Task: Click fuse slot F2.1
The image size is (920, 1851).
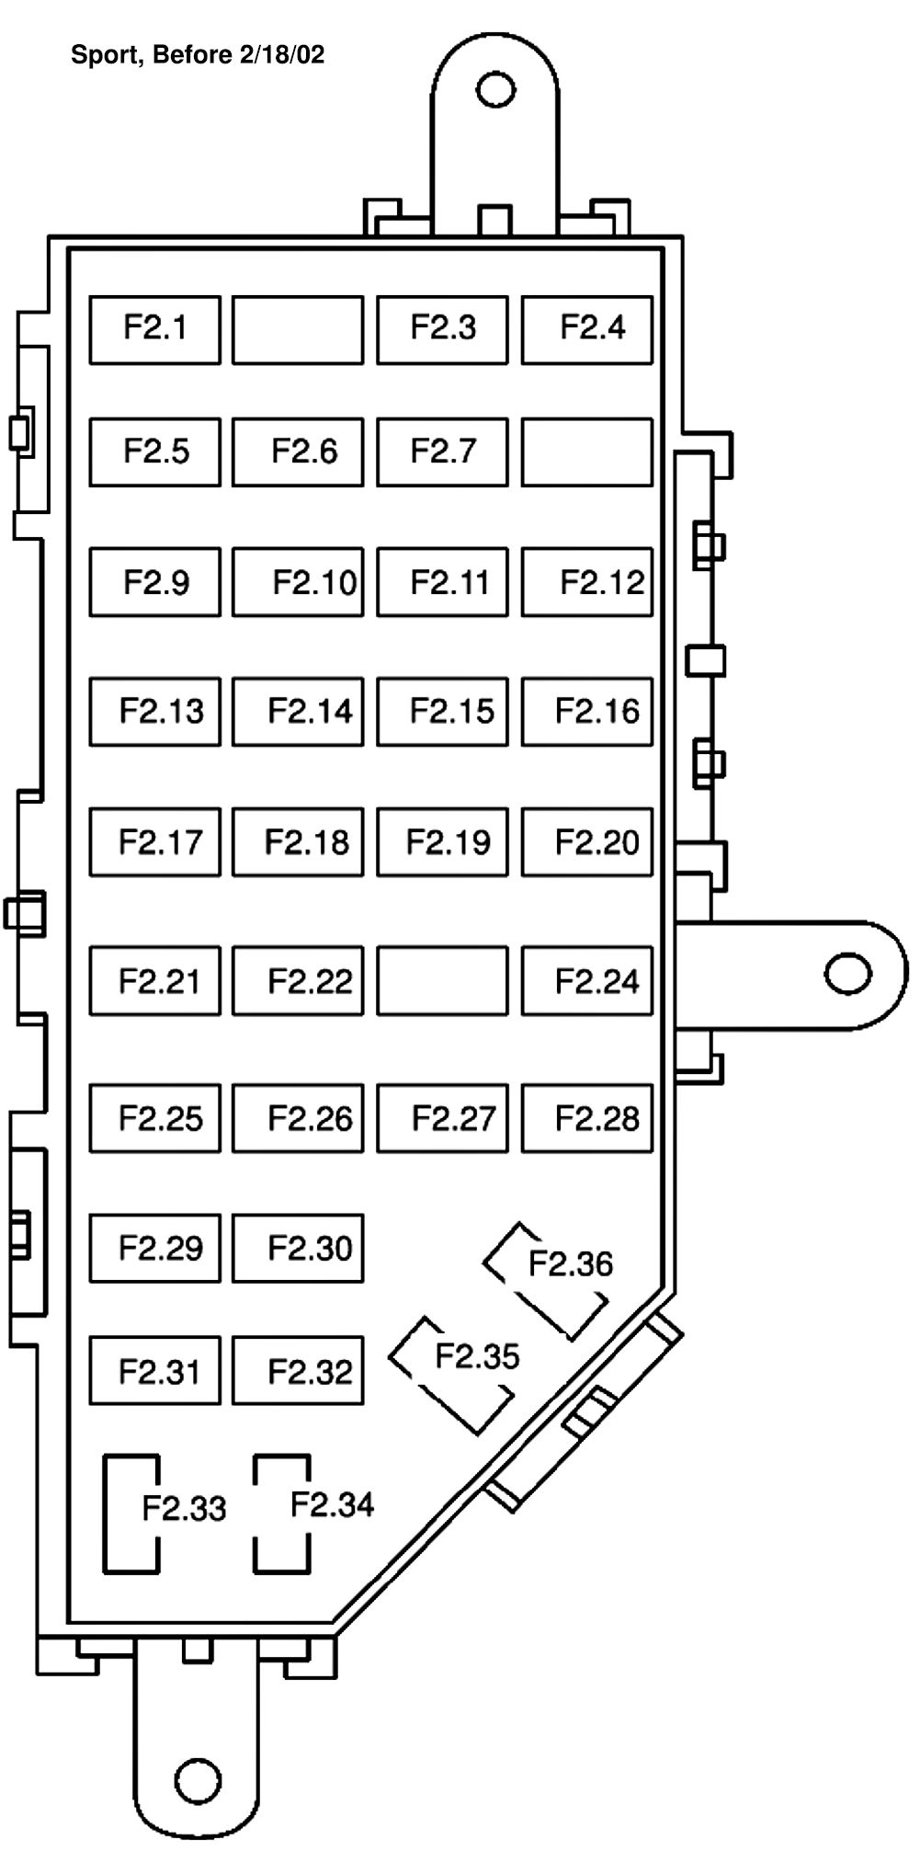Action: coord(154,329)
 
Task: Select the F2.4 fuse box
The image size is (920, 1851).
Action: coord(587,329)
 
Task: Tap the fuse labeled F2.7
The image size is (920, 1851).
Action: coord(442,451)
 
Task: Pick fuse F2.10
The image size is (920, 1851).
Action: coord(298,582)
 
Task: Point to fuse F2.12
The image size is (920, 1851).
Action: coord(587,582)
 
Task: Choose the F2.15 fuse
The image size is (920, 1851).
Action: coord(442,712)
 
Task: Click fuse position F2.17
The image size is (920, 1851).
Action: coord(154,842)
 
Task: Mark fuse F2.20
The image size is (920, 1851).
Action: coord(587,842)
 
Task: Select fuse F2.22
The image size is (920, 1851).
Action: coord(298,981)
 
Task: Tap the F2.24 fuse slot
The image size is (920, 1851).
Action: coord(587,981)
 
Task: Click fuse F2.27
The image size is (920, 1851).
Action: coord(442,1118)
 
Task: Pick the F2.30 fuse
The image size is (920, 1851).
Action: coord(298,1248)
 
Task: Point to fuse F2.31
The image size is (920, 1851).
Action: coord(154,1371)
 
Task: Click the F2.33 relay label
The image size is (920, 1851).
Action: coord(183,1508)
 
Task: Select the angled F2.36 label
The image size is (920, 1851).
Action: coord(570,1264)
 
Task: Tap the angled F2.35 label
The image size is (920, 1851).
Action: coord(476,1356)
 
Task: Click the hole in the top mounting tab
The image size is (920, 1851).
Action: coord(495,90)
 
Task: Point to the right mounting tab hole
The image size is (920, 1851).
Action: coord(847,974)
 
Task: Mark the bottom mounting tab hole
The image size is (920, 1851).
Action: coord(198,1780)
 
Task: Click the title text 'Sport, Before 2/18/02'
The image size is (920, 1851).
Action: coord(198,55)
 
